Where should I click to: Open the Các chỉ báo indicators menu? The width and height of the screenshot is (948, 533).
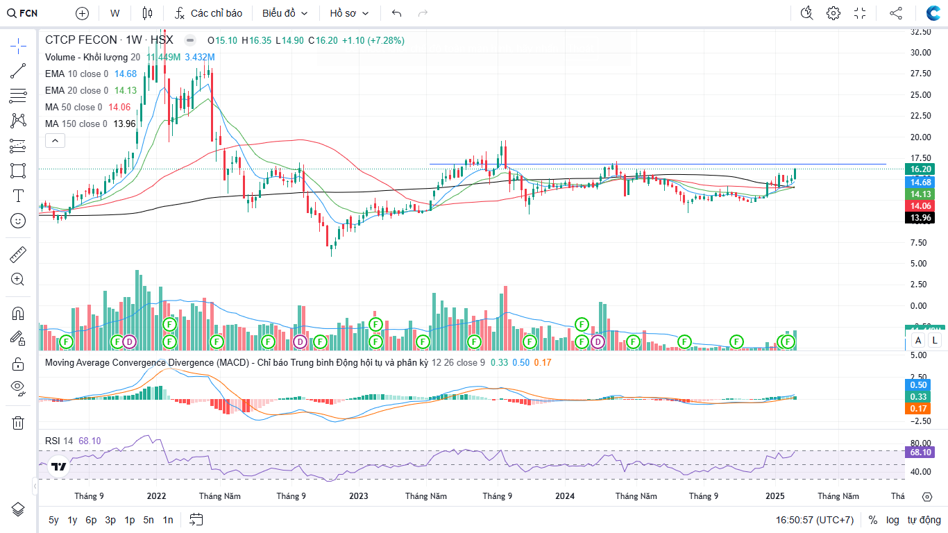coord(208,13)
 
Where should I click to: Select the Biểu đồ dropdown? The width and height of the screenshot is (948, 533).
coord(284,13)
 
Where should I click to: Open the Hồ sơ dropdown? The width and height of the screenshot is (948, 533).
coord(349,13)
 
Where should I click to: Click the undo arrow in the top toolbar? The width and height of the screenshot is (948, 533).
coord(397,13)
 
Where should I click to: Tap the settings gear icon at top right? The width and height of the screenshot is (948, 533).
coord(833,13)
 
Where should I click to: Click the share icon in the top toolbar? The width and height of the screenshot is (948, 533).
coord(896,13)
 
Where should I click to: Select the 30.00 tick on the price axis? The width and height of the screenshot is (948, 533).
coord(920,52)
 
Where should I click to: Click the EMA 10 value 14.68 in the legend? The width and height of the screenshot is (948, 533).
coord(126,74)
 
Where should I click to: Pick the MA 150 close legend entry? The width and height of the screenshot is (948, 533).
coord(76,124)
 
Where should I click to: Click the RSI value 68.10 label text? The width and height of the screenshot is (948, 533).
coord(90,441)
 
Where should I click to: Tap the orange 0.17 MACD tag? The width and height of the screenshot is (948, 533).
coord(920,409)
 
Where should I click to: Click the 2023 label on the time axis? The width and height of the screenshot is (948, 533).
coord(359,496)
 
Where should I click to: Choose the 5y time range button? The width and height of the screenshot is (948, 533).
coord(53,520)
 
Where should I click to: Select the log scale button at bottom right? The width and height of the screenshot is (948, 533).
coord(892,520)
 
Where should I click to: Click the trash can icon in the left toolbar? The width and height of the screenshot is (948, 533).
coord(18,423)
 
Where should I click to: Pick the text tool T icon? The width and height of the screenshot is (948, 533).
coord(18,196)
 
